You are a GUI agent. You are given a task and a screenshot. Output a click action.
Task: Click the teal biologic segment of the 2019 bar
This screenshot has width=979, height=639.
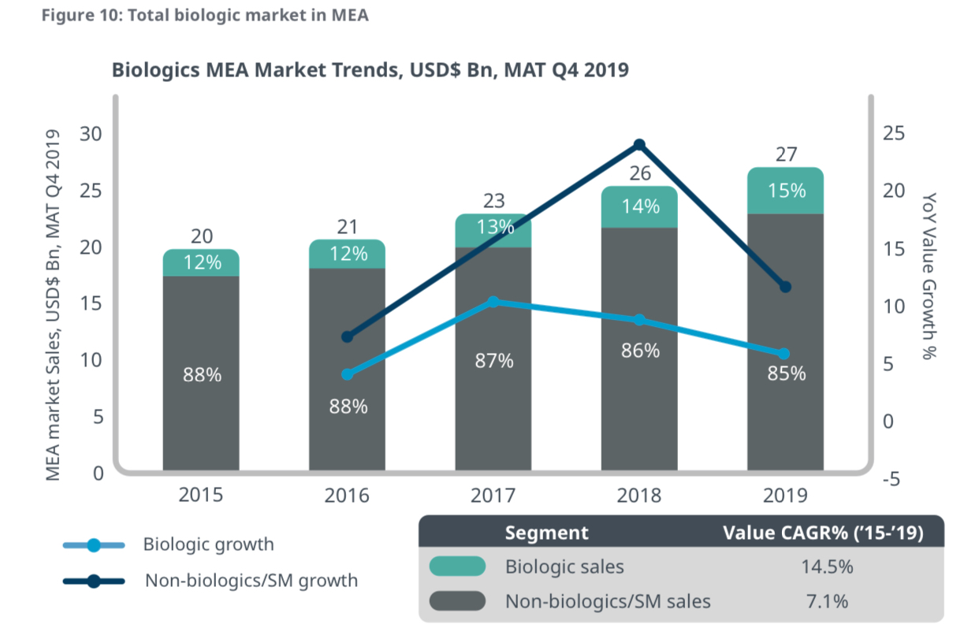click(785, 191)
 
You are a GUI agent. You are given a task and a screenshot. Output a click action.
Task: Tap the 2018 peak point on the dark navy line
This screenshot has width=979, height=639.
click(639, 145)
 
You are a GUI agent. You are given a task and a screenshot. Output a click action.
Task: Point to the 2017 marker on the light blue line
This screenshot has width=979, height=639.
click(493, 302)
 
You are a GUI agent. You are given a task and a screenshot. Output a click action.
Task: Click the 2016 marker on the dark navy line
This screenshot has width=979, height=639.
click(348, 337)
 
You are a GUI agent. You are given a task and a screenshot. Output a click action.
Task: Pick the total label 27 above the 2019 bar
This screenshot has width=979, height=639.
click(786, 154)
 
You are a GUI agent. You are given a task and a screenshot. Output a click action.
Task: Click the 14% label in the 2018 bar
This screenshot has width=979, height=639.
click(639, 206)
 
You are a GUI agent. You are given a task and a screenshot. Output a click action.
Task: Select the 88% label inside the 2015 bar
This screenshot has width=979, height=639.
click(202, 375)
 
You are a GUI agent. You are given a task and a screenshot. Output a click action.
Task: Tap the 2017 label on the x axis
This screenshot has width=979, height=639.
click(493, 496)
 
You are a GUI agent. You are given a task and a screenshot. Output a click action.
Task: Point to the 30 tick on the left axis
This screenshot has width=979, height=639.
click(92, 134)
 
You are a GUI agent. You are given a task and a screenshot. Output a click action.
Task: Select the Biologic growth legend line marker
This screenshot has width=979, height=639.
click(94, 544)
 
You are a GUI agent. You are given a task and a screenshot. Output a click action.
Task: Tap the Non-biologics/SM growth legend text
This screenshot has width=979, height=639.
click(251, 581)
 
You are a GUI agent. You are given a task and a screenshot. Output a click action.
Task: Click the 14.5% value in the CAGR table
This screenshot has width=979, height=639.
click(822, 567)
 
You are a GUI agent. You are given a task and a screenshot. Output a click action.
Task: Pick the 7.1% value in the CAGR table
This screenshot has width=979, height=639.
click(822, 602)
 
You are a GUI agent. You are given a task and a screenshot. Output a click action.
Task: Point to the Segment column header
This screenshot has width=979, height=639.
click(545, 533)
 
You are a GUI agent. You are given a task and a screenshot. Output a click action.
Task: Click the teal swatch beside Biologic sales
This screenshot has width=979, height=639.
click(457, 567)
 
